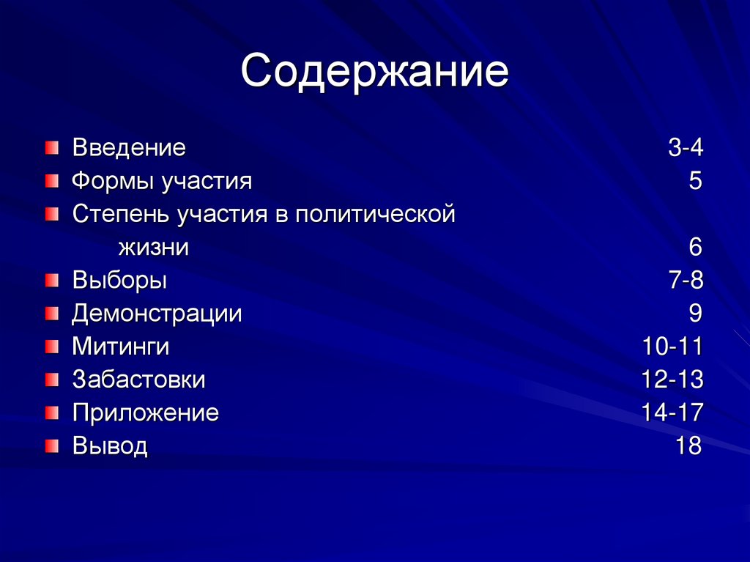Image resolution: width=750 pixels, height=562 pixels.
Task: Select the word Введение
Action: point(129,148)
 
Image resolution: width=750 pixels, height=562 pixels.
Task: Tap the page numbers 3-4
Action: point(685,148)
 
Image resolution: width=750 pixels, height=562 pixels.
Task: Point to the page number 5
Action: point(695,181)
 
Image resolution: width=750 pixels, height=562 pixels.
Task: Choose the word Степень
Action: point(121,215)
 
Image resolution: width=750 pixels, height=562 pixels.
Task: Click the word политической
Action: point(376,215)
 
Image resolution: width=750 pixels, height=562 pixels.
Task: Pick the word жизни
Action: point(154,248)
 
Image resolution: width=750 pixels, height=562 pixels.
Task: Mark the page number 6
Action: point(695,248)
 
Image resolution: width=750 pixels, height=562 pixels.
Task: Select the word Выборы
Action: point(119,281)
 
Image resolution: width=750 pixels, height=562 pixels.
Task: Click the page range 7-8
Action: point(685,281)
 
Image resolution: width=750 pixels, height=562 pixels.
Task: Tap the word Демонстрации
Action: point(157,314)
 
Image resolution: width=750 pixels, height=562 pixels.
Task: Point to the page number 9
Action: point(695,314)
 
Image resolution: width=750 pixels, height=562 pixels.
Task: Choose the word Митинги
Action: point(121,347)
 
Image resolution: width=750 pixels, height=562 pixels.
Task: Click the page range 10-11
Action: point(672,347)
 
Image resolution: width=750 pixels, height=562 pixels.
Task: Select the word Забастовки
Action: point(138,380)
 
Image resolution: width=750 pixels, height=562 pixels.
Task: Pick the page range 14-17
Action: point(672,413)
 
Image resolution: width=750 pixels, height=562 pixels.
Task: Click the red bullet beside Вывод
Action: point(50,445)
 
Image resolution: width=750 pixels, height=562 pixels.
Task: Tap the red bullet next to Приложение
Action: point(50,413)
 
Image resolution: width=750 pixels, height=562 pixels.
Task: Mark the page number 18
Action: point(688,445)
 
